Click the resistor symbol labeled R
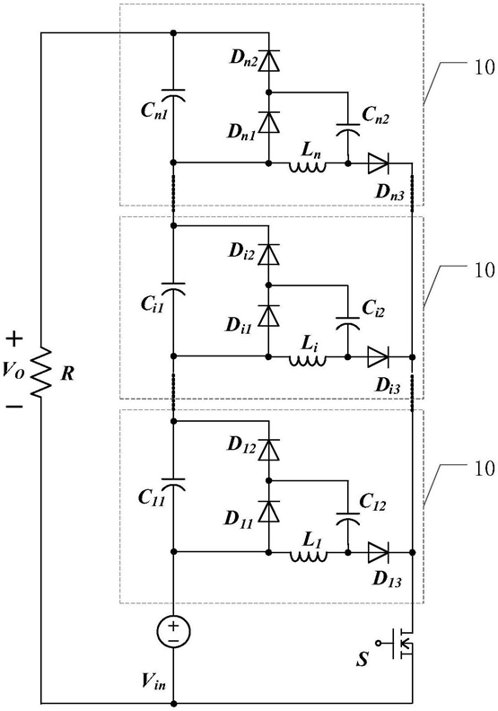[40, 373]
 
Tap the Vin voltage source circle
[173, 632]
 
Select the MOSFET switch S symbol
[398, 643]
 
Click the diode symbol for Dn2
[268, 62]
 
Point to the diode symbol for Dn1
[268, 121]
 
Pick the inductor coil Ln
[308, 167]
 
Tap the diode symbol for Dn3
[378, 163]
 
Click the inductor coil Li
[308, 361]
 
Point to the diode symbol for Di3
[378, 357]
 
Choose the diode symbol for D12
[268, 450]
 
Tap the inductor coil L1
[308, 556]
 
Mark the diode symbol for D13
[378, 552]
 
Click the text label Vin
[153, 681]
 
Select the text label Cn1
[154, 110]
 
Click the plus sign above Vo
[15, 339]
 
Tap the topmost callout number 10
[485, 68]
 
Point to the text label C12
[372, 502]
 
